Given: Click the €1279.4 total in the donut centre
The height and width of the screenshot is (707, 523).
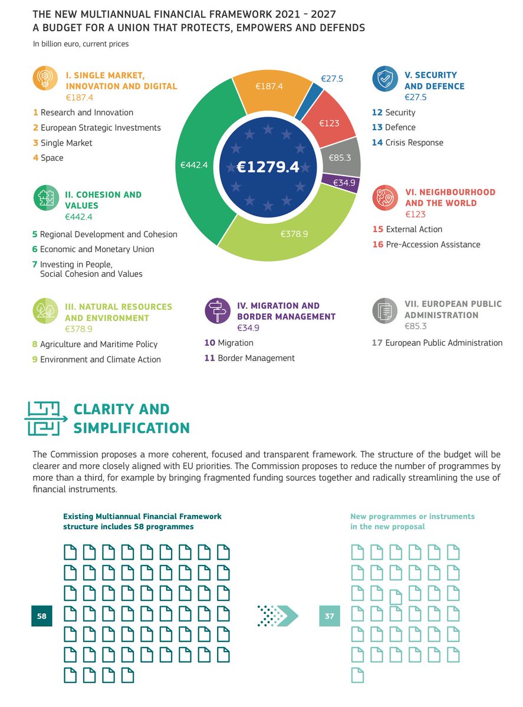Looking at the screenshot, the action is (268, 167).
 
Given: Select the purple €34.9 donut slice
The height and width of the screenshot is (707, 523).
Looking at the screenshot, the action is (341, 183).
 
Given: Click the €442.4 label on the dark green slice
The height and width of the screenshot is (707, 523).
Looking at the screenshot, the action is (194, 165).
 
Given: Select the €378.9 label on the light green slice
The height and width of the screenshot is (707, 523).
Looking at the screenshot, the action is (294, 234).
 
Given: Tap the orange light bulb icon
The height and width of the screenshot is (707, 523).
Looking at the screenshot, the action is (45, 78).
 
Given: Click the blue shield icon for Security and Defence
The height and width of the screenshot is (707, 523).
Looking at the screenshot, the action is (385, 78).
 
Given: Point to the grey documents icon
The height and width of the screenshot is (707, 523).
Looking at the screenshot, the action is (385, 310).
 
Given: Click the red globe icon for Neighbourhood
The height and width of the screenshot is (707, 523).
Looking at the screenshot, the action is (385, 197).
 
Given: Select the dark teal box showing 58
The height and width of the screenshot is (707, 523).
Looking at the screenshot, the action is (41, 616).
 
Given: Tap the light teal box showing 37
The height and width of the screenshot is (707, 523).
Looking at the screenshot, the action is (330, 616).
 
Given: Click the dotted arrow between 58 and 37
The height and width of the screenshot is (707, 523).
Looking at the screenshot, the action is (278, 616).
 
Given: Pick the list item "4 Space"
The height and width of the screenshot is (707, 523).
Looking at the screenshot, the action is (48, 158).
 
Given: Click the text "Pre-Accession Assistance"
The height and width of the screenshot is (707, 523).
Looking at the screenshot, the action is (433, 244).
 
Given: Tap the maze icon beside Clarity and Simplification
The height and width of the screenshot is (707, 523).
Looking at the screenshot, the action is (46, 418).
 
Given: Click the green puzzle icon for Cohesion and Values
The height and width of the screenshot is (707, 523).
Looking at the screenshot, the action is (46, 197).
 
